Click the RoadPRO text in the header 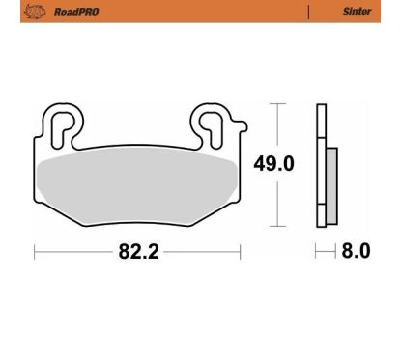(x=76, y=13)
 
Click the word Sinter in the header (x=357, y=12)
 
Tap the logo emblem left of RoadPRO (x=35, y=12)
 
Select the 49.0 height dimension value (x=273, y=164)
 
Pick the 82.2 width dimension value (x=139, y=251)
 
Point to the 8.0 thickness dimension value (x=356, y=251)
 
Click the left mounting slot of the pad (x=61, y=129)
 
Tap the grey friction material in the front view (x=136, y=188)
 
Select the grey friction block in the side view (x=332, y=186)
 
